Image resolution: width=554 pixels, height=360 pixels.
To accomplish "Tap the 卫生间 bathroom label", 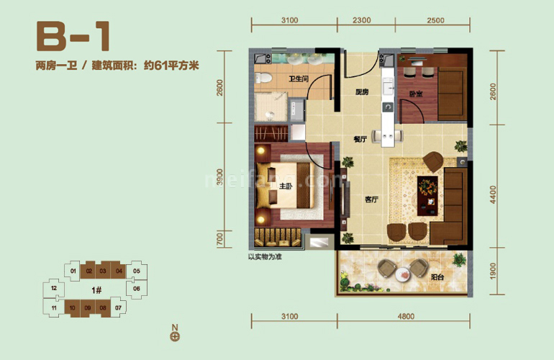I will (299, 79).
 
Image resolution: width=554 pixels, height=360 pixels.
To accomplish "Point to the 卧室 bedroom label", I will (416, 93).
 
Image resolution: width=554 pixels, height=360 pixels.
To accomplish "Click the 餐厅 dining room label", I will (361, 141).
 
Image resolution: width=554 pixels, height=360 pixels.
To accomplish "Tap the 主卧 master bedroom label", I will (286, 187).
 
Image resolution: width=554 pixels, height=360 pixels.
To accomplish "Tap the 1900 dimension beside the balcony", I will (492, 272).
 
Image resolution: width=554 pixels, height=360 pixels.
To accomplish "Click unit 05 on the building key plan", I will (136, 271).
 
